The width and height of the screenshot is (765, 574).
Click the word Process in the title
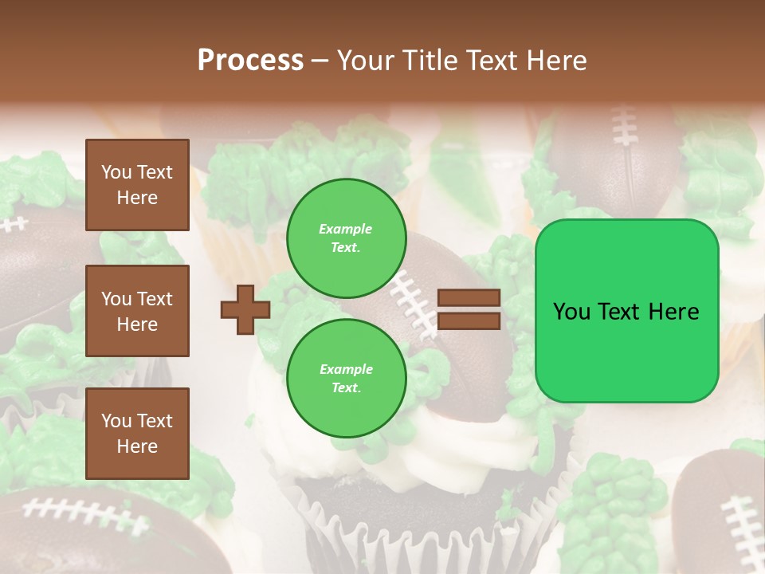(x=250, y=61)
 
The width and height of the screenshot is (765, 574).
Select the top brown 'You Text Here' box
(x=137, y=185)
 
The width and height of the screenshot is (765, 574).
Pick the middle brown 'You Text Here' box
(x=137, y=311)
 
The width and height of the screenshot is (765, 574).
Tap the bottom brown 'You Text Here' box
(x=137, y=433)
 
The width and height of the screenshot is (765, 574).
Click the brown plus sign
(x=245, y=309)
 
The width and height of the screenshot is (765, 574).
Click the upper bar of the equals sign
(x=469, y=298)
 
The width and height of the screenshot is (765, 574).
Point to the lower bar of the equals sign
(x=469, y=320)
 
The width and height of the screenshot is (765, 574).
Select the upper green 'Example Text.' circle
(x=346, y=238)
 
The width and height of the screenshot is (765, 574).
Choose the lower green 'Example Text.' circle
(x=346, y=378)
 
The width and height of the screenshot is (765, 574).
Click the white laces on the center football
(x=414, y=299)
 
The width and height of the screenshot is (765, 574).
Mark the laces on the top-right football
(x=626, y=128)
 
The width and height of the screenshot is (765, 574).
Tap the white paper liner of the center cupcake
(x=414, y=534)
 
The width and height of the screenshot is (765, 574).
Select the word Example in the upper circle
(x=346, y=229)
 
